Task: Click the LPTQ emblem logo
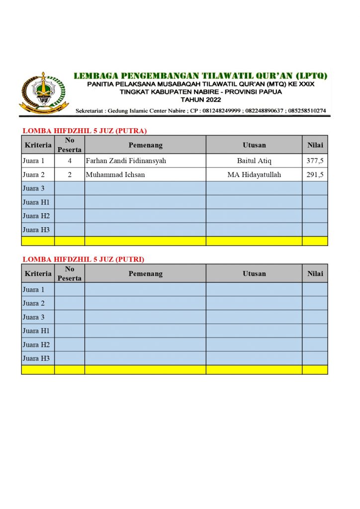pos(44,92)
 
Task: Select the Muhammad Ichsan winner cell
pos(115,175)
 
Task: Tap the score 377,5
pos(315,161)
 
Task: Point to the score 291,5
pos(315,175)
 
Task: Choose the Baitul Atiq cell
pos(254,161)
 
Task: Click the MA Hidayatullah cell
pos(254,175)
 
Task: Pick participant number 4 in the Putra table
pos(70,161)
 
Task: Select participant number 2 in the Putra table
pos(70,175)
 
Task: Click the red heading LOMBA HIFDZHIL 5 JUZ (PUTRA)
pos(85,131)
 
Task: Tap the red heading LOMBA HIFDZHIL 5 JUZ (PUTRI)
pos(84,259)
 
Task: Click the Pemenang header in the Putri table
pos(145,273)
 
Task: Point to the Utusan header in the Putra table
pos(254,145)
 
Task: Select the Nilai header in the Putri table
pos(315,273)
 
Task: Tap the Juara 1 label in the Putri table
pos(34,289)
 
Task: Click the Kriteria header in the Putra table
pos(38,145)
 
